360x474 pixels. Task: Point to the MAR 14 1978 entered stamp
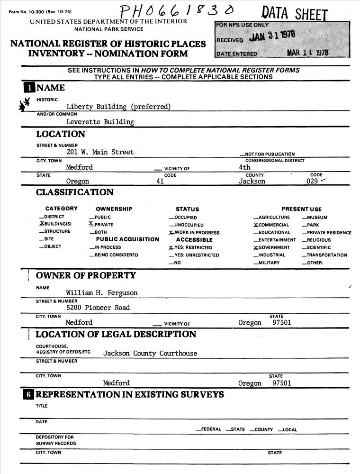click(x=307, y=53)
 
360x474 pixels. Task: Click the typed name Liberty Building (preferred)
click(x=118, y=107)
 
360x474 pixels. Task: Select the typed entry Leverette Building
click(x=100, y=122)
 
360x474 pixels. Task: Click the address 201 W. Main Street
click(x=100, y=152)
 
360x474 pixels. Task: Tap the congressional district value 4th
click(x=245, y=167)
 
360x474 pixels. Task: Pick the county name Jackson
click(x=252, y=181)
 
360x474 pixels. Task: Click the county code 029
click(x=312, y=181)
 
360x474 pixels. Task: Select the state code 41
click(x=160, y=181)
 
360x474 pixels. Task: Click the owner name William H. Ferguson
click(x=102, y=293)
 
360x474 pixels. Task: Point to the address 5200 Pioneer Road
click(x=98, y=308)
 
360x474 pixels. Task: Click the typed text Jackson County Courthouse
click(x=150, y=353)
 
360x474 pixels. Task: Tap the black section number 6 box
click(x=29, y=395)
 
